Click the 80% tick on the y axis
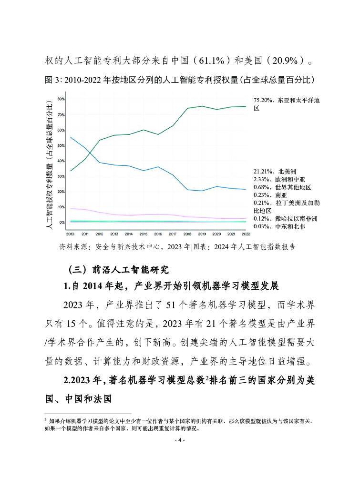click(61, 99)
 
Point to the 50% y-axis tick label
click(61, 145)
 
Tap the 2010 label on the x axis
click(70, 234)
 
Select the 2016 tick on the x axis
click(158, 234)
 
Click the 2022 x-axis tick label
click(246, 234)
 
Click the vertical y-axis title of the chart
click(49, 162)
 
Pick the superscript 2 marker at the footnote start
click(45, 420)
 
